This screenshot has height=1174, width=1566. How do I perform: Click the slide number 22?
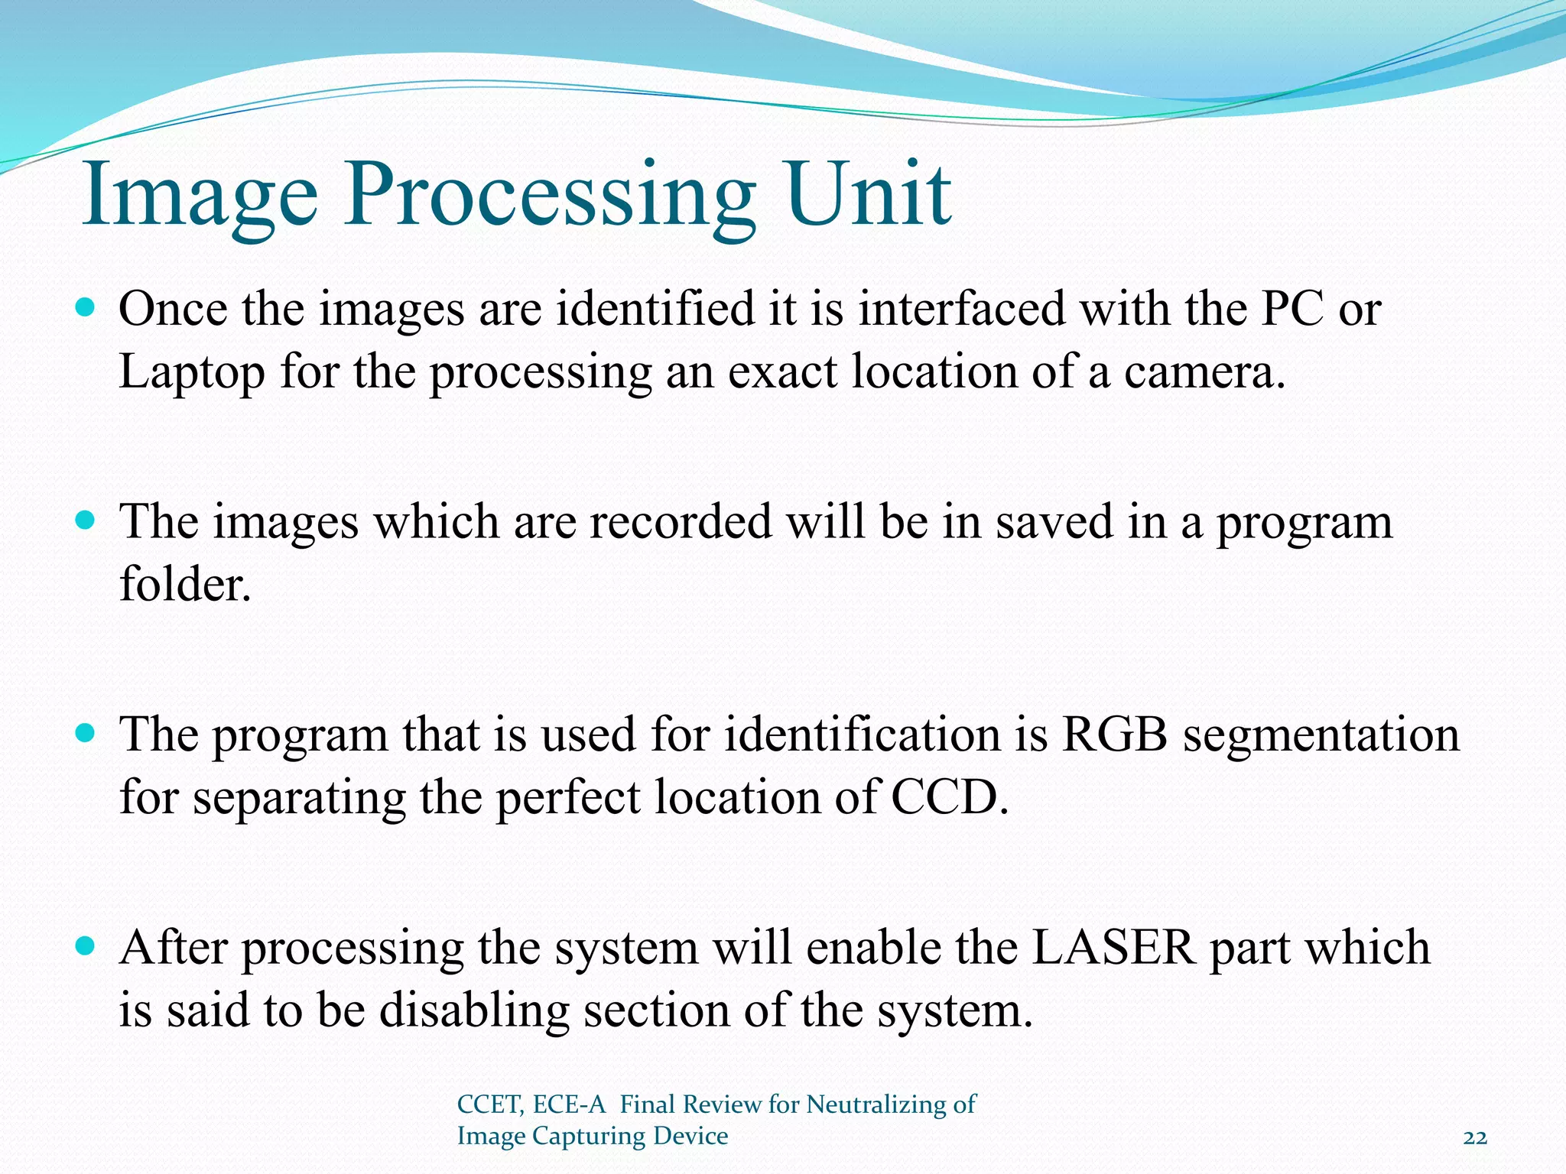[1474, 1138]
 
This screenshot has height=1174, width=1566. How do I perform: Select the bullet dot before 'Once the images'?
[86, 308]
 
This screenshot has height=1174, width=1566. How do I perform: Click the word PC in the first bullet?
[1293, 310]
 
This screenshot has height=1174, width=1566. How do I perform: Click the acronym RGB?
[1114, 735]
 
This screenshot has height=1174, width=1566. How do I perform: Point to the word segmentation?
[1321, 737]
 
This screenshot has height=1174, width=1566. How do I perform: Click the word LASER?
[1113, 948]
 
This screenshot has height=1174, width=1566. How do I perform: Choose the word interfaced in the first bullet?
[961, 310]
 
